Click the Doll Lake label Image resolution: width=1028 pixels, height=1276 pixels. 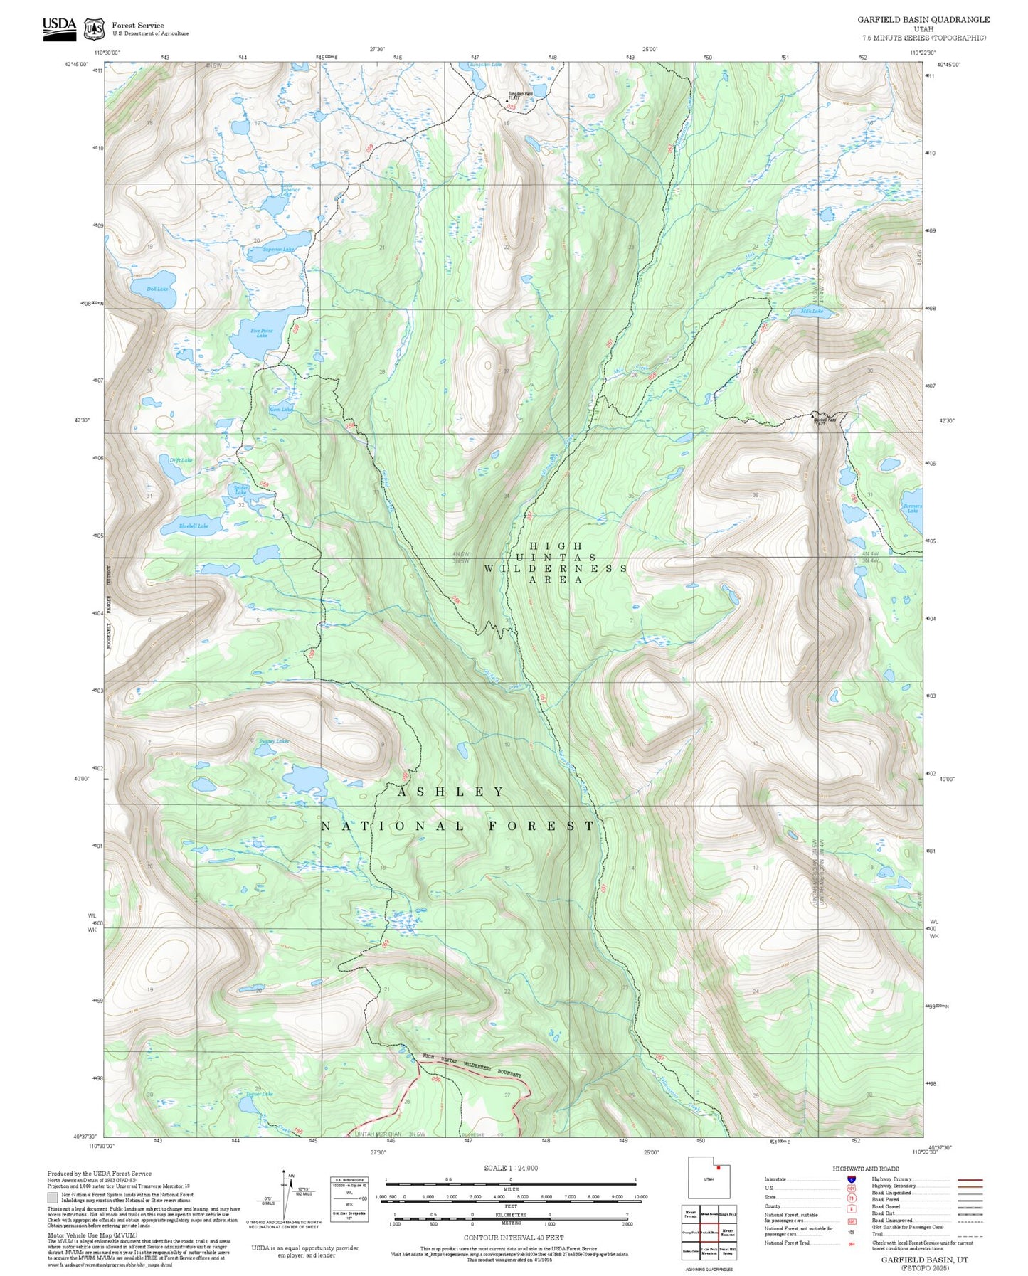tap(157, 289)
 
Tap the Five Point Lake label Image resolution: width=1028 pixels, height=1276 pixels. tap(262, 333)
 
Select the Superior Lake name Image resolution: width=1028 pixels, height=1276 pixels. tap(278, 250)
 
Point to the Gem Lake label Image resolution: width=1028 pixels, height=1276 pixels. tap(281, 409)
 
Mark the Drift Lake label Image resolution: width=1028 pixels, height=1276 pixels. tap(181, 460)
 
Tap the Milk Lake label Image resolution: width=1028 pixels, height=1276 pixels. tap(812, 311)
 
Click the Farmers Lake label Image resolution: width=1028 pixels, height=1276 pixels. tap(912, 508)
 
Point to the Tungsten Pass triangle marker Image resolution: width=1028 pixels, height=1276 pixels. tap(507, 100)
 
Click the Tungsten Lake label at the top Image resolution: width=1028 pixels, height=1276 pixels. tap(484, 65)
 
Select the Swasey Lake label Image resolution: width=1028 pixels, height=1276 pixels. tap(274, 741)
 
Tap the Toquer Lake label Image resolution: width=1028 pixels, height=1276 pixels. tap(259, 1094)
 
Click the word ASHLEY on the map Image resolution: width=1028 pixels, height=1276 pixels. tap(450, 792)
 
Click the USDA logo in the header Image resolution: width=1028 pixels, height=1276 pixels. tap(59, 28)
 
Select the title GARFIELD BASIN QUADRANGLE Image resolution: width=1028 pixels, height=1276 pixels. tap(923, 20)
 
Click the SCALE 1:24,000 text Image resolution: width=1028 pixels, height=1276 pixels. tap(510, 1168)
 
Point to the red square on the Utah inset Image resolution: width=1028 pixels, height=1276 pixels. tap(719, 1168)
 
